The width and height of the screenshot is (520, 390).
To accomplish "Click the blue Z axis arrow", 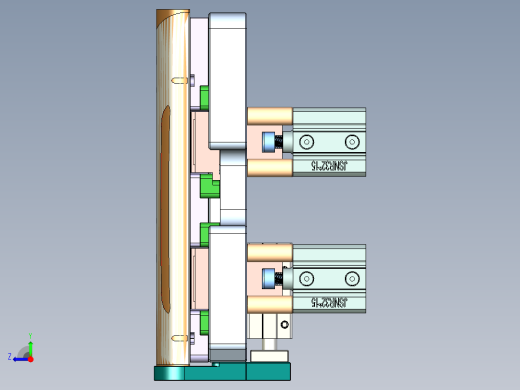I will coord(20,357).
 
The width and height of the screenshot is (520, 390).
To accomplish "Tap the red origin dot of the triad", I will coord(31,356).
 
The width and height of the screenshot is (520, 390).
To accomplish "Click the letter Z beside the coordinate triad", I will coord(10,356).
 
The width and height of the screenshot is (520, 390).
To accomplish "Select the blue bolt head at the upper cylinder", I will coord(267,143).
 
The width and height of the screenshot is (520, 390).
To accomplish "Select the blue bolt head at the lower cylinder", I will coord(267,278).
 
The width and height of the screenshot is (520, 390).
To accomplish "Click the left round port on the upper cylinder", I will coord(307,141).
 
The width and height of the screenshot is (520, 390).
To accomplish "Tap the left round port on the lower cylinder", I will coord(307,277).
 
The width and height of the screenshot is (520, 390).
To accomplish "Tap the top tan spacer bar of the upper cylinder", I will coord(269,116).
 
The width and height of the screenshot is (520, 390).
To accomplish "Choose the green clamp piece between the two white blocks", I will coord(209,187).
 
